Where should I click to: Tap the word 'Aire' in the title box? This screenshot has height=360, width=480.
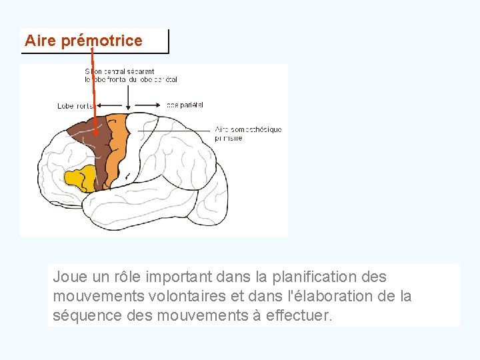41,41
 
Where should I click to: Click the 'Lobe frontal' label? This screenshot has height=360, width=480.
75,106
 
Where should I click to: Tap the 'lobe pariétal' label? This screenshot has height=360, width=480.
185,105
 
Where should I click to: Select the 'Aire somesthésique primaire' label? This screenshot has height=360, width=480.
248,133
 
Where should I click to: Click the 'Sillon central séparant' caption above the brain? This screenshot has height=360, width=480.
120,71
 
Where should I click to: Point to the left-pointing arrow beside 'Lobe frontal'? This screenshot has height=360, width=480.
109,105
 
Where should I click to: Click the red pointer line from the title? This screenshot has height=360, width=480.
93,87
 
